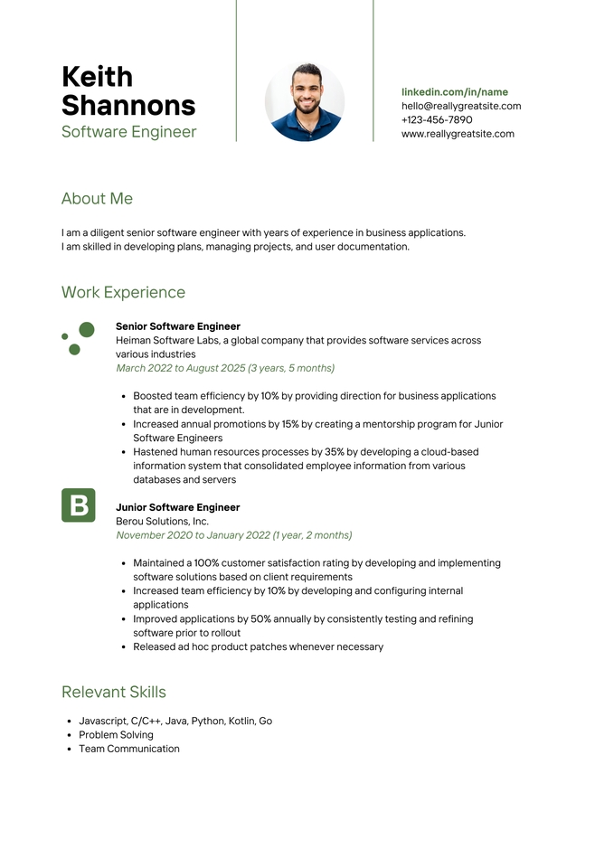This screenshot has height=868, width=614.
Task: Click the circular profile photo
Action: [304, 102]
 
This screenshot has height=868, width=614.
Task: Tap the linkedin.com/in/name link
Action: [454, 92]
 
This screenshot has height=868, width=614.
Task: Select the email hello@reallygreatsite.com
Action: [461, 106]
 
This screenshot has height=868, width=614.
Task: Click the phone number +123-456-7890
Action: [437, 119]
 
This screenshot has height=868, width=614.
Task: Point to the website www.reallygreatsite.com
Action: [458, 134]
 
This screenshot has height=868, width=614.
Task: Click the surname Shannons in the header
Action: [128, 106]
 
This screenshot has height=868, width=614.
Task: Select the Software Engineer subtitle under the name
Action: [128, 132]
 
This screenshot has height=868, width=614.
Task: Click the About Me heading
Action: [97, 199]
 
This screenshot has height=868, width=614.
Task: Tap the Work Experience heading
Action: [123, 292]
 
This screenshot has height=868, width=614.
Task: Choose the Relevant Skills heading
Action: [114, 692]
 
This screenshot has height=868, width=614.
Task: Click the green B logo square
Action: [78, 505]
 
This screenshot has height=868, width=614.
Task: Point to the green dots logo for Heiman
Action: [78, 338]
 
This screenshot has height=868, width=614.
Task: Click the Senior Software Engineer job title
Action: [178, 326]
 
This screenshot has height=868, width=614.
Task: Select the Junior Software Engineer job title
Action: [177, 507]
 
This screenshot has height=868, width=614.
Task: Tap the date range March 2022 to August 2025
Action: [225, 368]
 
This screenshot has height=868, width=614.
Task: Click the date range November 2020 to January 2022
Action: [233, 535]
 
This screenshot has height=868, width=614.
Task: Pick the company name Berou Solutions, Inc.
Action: [162, 522]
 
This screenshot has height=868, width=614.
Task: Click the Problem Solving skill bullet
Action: [116, 735]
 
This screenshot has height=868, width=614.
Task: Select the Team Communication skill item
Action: [128, 749]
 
